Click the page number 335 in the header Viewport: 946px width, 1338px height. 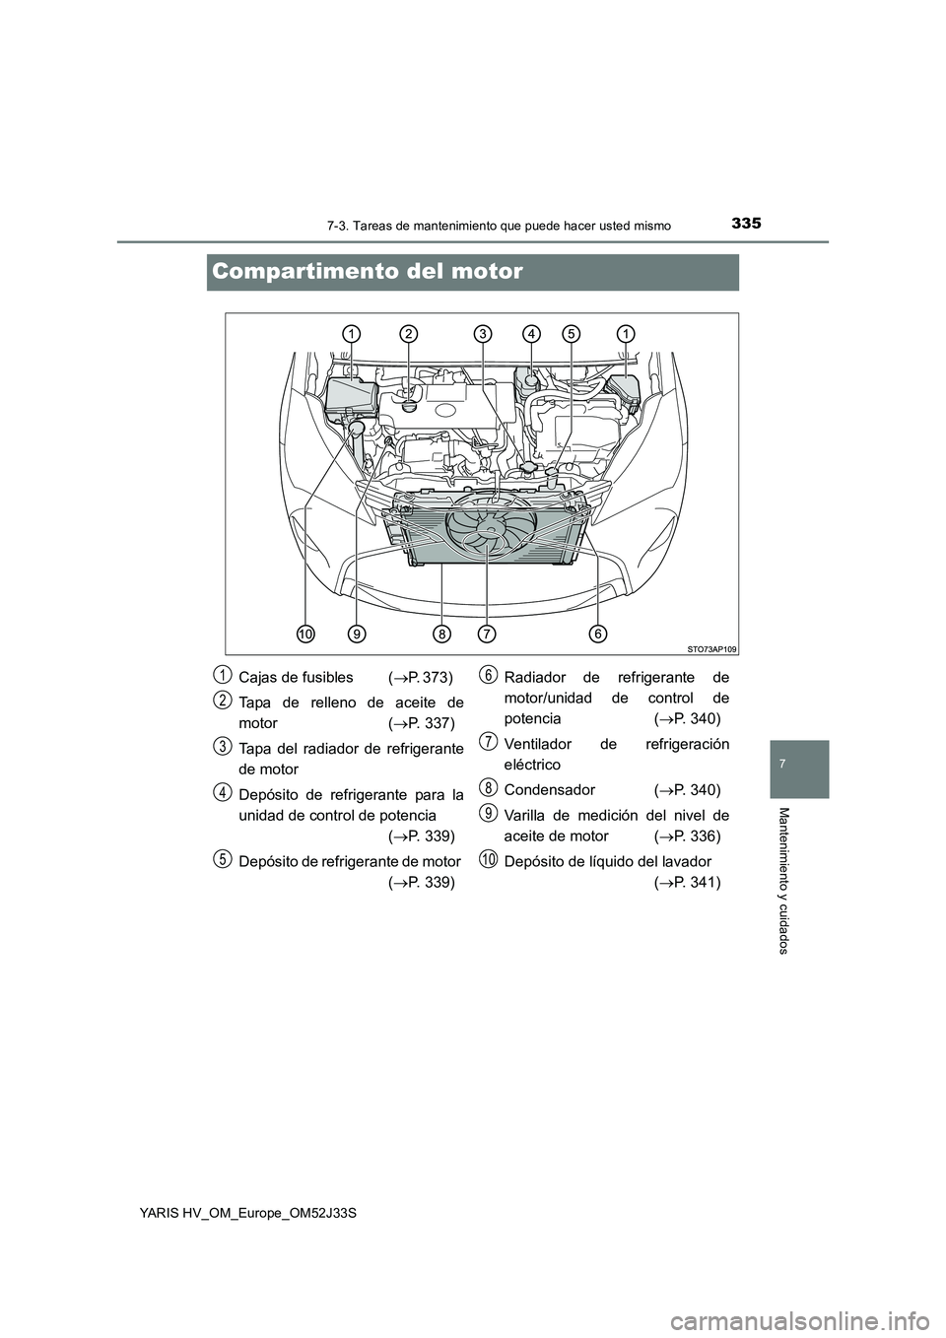point(745,224)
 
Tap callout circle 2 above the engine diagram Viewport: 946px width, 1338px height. point(409,333)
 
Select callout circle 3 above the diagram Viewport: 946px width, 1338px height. point(484,333)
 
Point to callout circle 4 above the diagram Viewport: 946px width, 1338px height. point(531,333)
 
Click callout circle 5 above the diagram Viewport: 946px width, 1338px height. point(572,333)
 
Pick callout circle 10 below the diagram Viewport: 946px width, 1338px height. point(305,633)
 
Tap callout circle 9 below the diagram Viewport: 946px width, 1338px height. point(357,633)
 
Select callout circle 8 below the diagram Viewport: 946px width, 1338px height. point(441,633)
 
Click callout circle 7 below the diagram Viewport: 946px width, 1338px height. point(487,633)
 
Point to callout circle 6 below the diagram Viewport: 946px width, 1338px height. point(597,633)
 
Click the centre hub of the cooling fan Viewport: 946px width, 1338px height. point(490,528)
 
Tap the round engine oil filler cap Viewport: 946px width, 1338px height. point(409,406)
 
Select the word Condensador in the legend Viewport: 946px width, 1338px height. point(550,789)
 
